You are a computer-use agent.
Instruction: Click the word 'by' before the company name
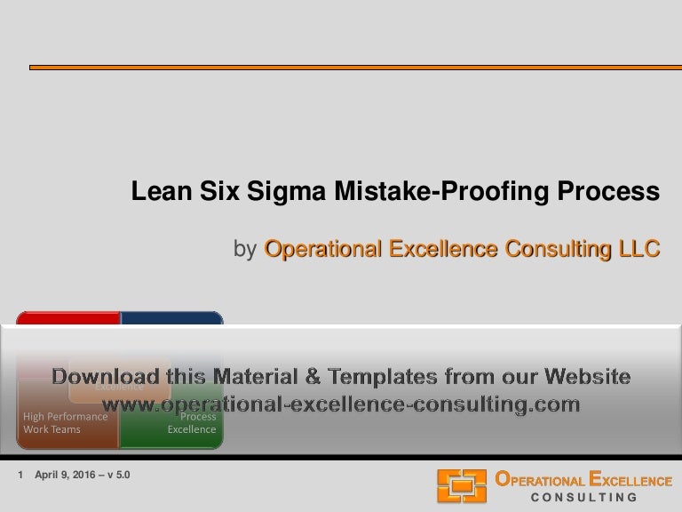point(245,250)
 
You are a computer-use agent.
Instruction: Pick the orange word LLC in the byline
point(640,250)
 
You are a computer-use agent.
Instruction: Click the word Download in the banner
point(107,377)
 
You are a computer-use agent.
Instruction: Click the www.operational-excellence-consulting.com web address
point(341,404)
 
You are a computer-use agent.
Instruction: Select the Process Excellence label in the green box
point(192,422)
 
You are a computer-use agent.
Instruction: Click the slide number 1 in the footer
point(20,476)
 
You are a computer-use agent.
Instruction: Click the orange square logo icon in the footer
point(461,485)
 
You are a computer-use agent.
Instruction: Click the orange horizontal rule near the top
point(355,67)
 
